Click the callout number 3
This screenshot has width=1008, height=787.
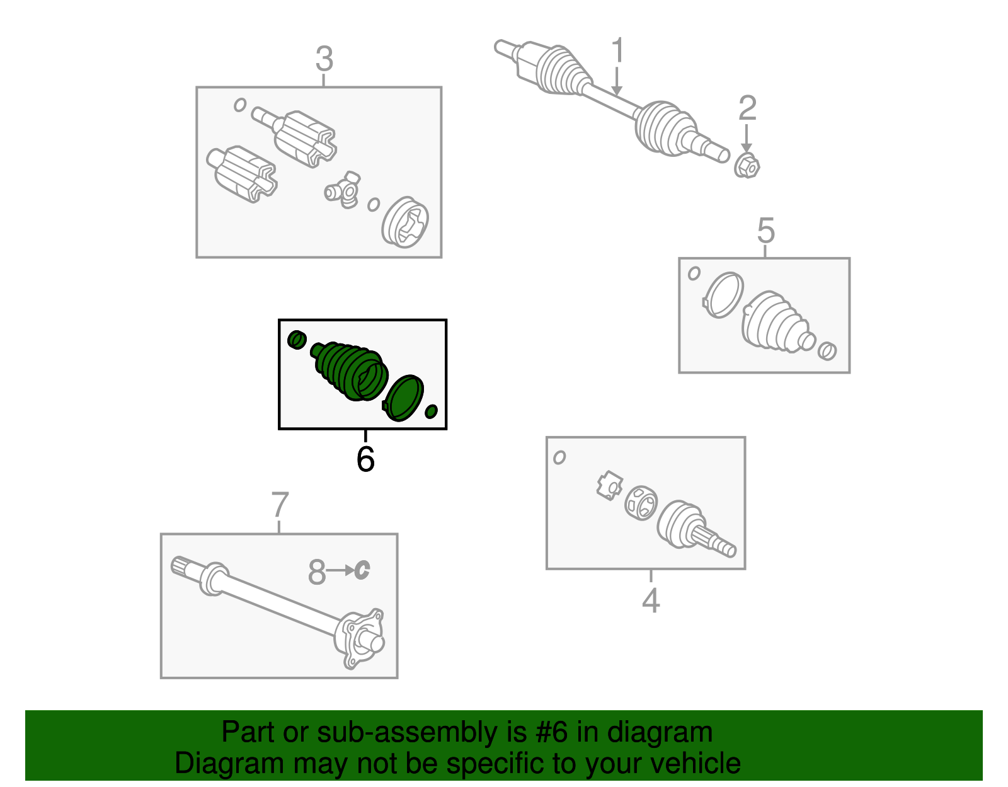point(324,60)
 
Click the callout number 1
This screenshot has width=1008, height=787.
point(618,50)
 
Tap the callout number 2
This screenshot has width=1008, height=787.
point(747,108)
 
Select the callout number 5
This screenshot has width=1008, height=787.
point(765,231)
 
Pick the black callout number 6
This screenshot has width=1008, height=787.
point(365,459)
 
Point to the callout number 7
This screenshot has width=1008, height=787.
point(280,505)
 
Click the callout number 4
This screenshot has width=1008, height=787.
point(651,600)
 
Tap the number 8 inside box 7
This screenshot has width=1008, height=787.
point(317,572)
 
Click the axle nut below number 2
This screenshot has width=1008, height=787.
point(747,166)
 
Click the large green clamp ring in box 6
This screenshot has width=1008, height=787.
point(404,398)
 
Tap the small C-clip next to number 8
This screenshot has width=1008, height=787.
point(362,570)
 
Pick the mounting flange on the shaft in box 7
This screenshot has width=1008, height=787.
point(359,638)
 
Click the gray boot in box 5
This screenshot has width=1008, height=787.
point(774,321)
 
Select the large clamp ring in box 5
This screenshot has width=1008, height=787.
point(723,294)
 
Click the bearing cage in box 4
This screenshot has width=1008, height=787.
point(641,502)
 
